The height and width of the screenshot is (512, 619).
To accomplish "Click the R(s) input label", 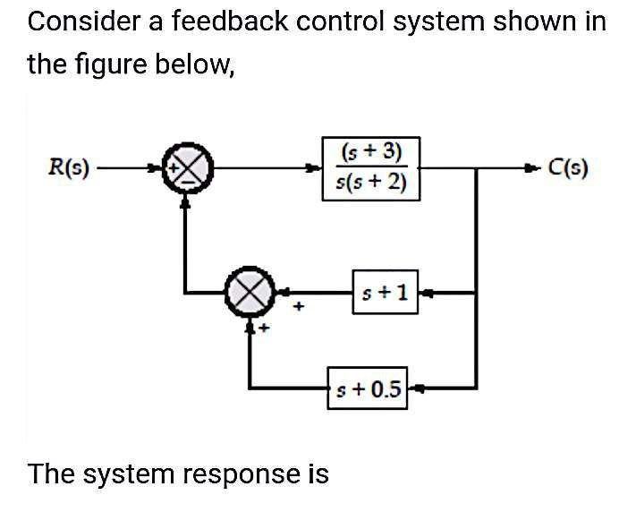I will pyautogui.click(x=69, y=167).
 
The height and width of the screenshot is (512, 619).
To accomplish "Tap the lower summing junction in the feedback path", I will pyautogui.click(x=251, y=292).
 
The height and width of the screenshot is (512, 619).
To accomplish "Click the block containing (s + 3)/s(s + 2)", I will pyautogui.click(x=370, y=168).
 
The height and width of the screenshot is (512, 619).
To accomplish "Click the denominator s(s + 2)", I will pyautogui.click(x=370, y=184).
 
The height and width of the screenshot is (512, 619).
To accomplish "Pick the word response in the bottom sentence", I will pyautogui.click(x=242, y=473).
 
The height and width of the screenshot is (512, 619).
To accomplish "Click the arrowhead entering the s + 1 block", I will pyautogui.click(x=426, y=291).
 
